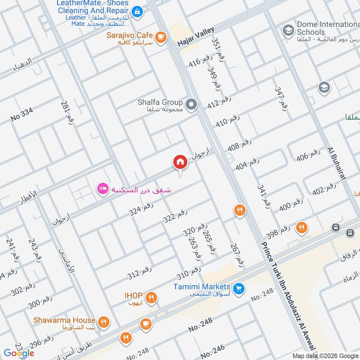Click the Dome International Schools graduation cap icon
[288, 31]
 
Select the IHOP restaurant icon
[152, 297]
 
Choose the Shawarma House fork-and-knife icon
[104, 322]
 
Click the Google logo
[19, 353]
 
